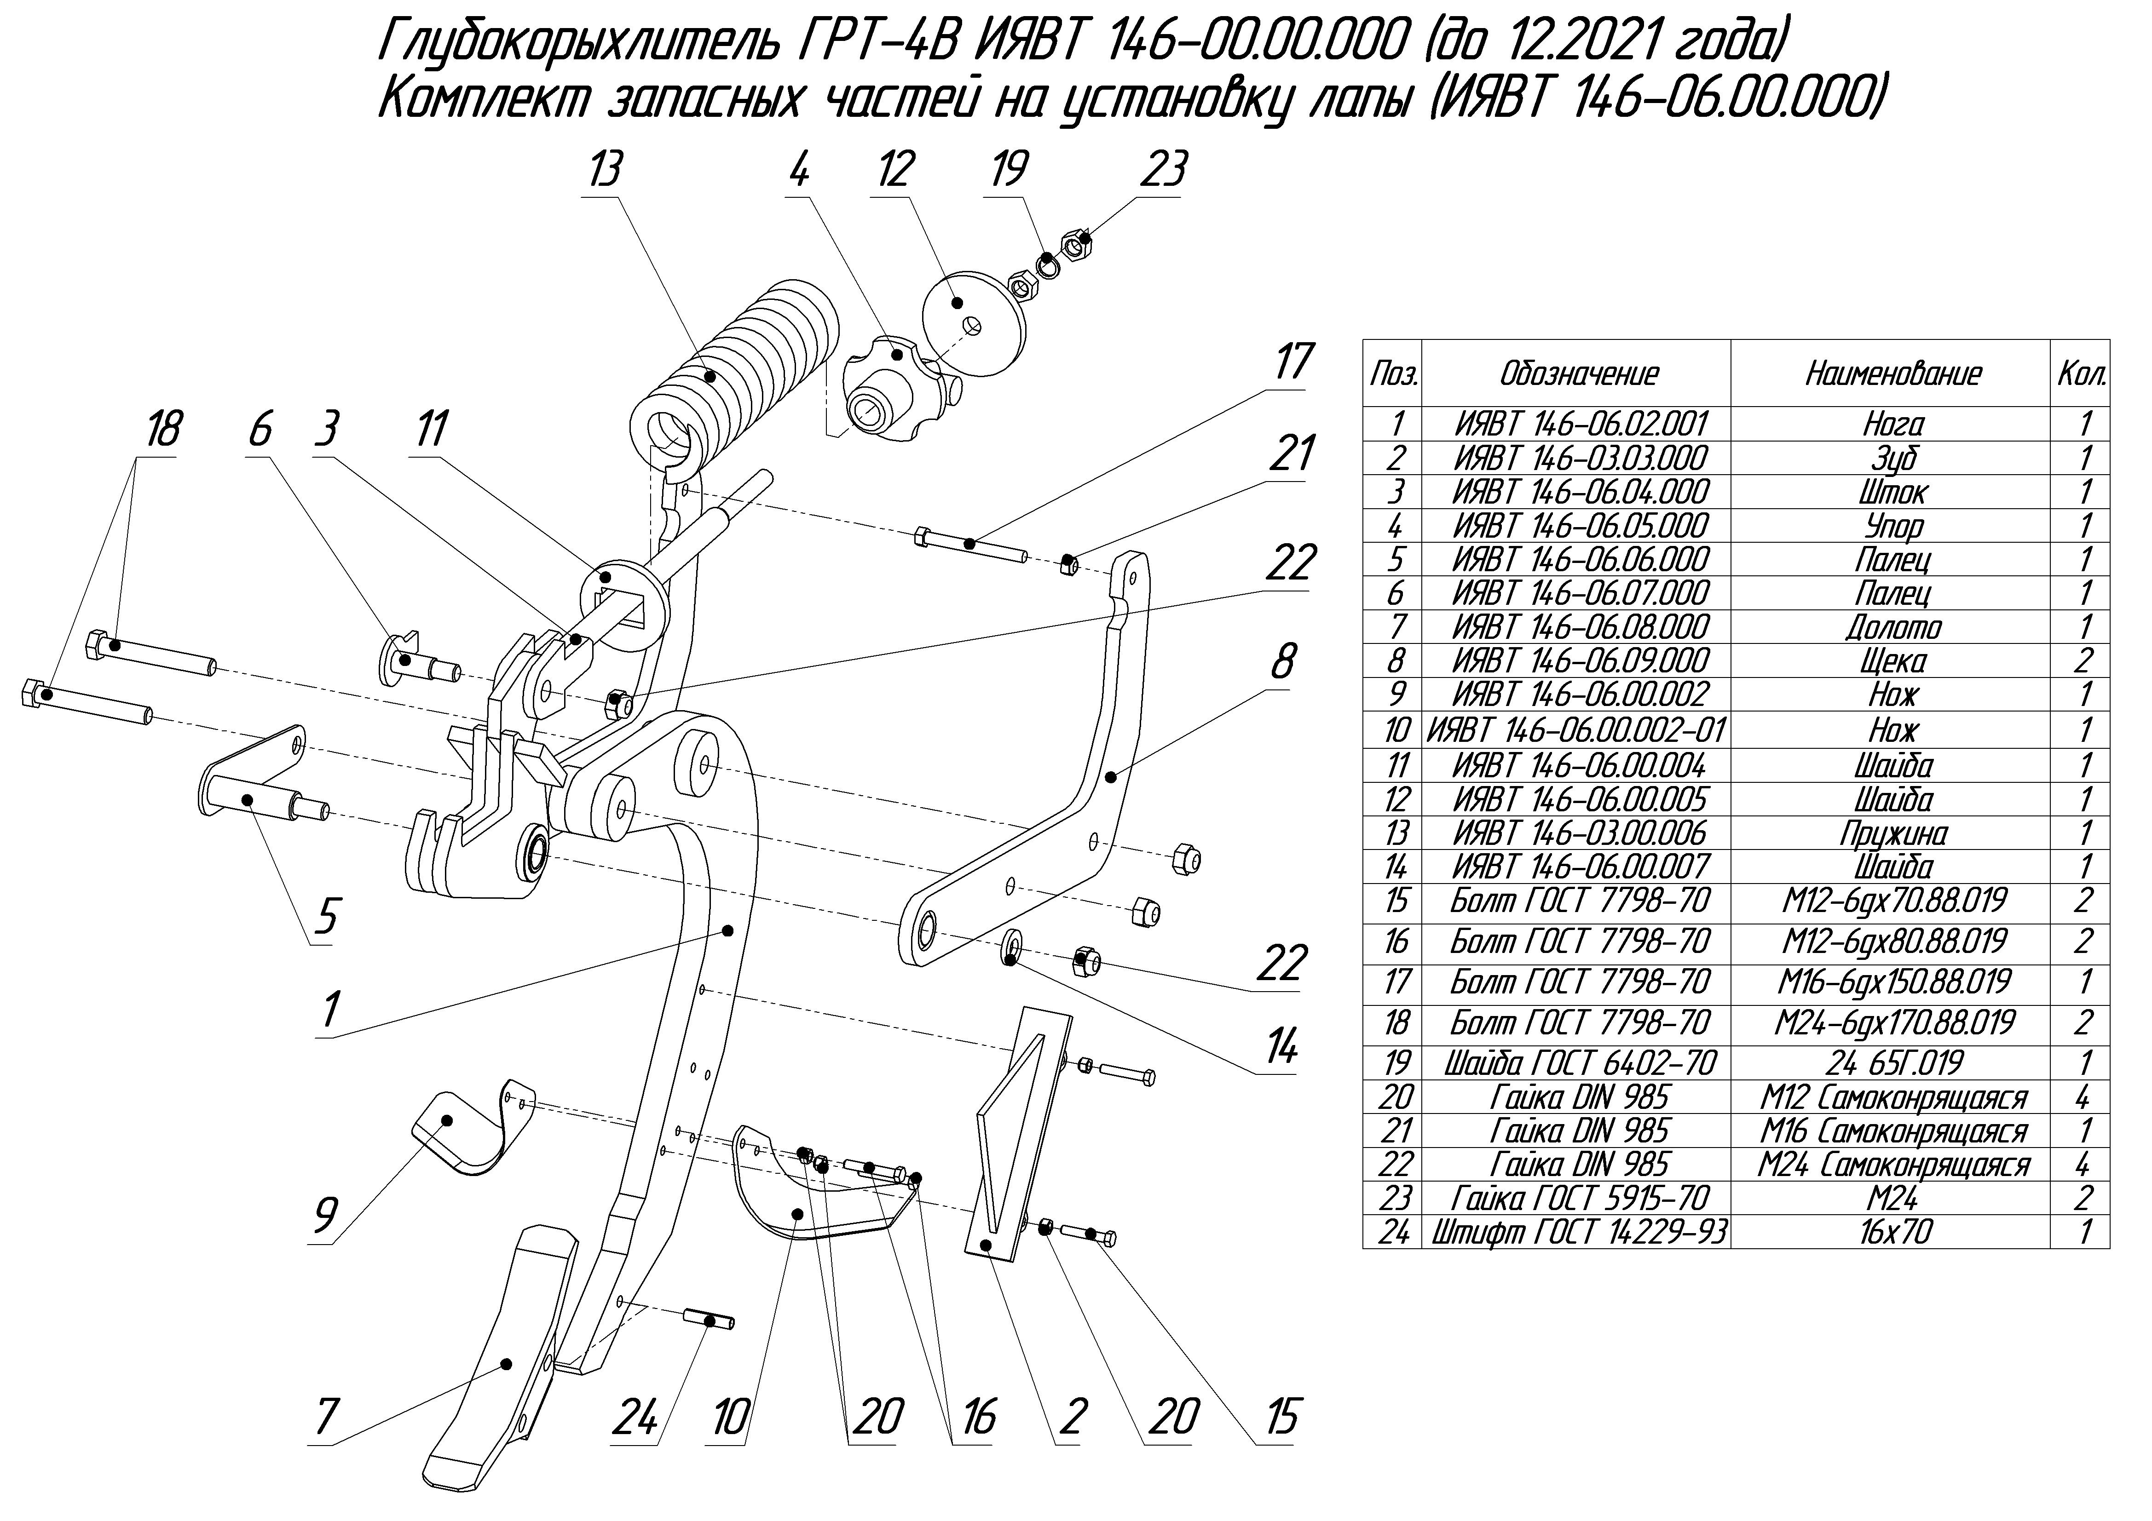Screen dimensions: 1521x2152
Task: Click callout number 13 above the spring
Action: tap(605, 172)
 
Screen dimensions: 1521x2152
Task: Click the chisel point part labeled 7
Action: tap(502, 1349)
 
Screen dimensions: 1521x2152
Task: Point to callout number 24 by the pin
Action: tap(635, 1418)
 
